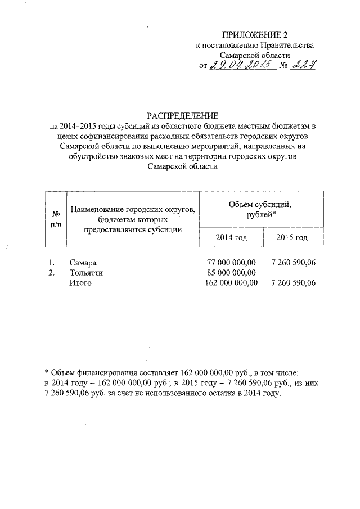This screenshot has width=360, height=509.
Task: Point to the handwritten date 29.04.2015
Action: pos(244,66)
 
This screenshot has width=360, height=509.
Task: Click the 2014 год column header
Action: pos(231,237)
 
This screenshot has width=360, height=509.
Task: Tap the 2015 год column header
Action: pos(292,237)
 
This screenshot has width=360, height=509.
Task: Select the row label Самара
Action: pos(83,263)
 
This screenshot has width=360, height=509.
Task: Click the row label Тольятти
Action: pos(86,273)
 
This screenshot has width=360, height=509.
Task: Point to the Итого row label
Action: pos(80,282)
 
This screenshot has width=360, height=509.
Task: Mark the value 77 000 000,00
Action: pos(232,263)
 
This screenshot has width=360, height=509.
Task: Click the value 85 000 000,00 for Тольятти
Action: pos(232,273)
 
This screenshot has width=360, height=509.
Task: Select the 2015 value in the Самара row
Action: pos(293,263)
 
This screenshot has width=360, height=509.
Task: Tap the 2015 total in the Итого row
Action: pos(293,282)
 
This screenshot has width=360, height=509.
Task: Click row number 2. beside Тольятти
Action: pos(51,273)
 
